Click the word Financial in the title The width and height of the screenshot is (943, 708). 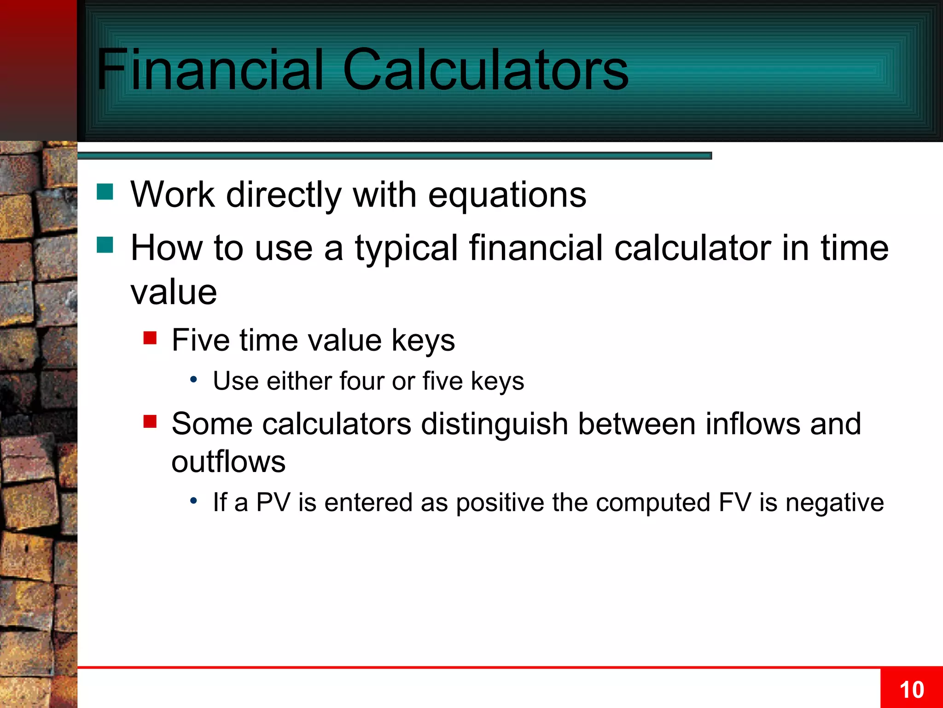pos(210,70)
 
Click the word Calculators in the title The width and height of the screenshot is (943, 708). pos(485,70)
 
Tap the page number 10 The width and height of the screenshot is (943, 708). pos(911,690)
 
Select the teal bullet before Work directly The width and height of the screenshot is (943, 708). pos(105,192)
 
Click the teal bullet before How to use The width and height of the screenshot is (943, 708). pos(105,245)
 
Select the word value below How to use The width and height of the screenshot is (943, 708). pos(174,292)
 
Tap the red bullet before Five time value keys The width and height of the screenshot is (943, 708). pos(150,338)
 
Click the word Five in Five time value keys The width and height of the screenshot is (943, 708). pos(200,340)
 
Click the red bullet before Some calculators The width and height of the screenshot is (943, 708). pos(150,421)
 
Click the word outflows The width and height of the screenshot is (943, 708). pos(228,461)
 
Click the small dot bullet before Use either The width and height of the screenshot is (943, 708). pos(194,380)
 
